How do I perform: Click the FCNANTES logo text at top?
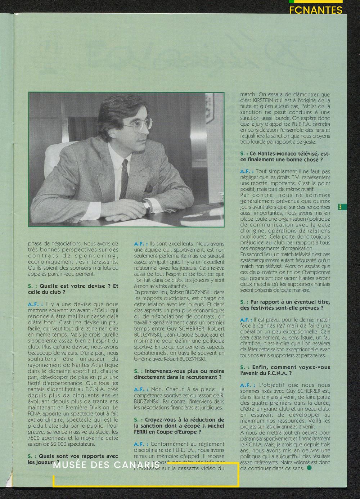(316, 10)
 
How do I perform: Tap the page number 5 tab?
(340, 207)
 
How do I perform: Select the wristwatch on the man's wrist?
(147, 206)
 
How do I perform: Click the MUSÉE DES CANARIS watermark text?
(107, 465)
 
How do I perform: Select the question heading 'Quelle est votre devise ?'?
(73, 286)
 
